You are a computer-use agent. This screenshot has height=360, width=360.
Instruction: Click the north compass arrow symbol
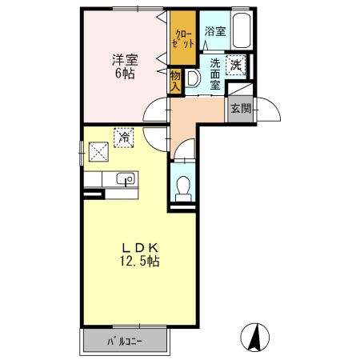tap(255, 337)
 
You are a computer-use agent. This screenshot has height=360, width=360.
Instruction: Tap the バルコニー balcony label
tap(125, 342)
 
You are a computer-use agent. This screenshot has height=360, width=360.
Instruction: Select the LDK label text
tap(140, 248)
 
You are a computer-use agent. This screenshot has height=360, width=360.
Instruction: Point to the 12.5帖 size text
tap(139, 261)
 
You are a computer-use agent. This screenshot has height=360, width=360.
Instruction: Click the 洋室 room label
tap(125, 60)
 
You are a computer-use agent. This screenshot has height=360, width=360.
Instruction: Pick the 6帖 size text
tap(125, 74)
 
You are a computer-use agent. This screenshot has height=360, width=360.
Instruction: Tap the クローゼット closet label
tap(183, 39)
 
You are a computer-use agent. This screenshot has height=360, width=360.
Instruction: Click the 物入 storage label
tap(175, 81)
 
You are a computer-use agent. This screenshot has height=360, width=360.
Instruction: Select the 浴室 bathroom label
tap(215, 31)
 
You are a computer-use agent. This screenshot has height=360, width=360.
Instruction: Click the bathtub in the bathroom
tap(241, 30)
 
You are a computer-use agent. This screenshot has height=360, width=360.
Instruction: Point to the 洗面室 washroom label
tap(215, 74)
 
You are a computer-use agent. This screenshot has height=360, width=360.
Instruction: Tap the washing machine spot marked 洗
tap(236, 65)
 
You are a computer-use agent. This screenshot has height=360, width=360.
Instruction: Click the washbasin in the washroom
tap(193, 78)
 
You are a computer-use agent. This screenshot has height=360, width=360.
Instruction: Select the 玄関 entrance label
tap(241, 108)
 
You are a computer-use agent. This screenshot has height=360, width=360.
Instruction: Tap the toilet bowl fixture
tap(183, 189)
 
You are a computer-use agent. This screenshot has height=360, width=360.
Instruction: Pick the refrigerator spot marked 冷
tap(124, 138)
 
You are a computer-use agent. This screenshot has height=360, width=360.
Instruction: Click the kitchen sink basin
tap(126, 178)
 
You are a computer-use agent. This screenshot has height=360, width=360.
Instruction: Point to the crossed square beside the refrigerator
tap(98, 151)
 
